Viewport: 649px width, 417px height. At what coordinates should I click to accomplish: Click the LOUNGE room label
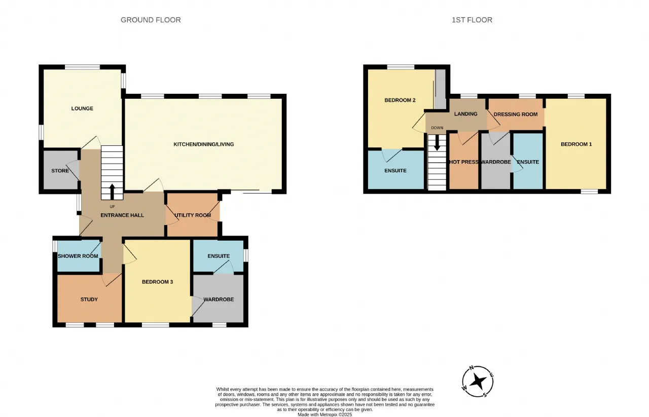[82, 108]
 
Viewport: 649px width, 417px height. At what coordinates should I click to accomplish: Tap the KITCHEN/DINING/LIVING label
[204, 144]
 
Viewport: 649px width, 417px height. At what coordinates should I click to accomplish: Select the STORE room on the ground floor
[60, 171]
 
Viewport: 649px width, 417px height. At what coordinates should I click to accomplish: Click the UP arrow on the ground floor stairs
[112, 192]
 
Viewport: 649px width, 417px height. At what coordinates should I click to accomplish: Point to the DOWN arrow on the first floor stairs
[437, 142]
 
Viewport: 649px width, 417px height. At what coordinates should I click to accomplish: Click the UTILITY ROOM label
[193, 215]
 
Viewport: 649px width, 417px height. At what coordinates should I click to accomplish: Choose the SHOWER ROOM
[78, 256]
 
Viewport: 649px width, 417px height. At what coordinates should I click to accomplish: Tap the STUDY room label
[89, 299]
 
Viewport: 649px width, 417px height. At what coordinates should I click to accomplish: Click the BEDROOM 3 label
[157, 282]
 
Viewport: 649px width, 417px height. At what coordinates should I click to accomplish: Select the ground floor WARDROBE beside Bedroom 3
[219, 299]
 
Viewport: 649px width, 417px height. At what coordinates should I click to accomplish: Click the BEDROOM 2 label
[400, 100]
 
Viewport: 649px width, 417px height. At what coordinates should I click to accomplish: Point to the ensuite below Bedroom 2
[396, 170]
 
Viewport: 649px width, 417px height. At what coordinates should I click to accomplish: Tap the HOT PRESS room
[463, 162]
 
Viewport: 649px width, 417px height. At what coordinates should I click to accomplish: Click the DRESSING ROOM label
[516, 115]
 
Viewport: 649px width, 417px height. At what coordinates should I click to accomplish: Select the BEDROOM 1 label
[576, 144]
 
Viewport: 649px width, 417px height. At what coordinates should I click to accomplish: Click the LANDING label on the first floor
[465, 114]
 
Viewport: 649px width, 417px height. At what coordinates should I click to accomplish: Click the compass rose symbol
[478, 382]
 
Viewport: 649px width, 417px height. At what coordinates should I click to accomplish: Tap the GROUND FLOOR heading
[151, 20]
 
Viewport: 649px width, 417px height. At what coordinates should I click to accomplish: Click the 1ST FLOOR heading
[472, 20]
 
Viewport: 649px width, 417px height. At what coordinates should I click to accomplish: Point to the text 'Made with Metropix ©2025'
[325, 414]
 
